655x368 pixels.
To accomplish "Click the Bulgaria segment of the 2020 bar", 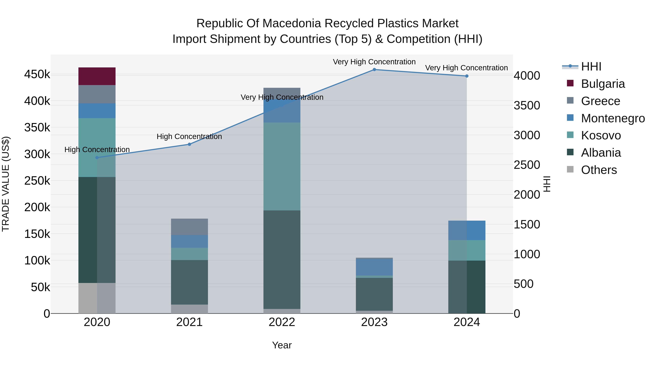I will click(97, 76).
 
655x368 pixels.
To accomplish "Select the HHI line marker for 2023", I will click(374, 70).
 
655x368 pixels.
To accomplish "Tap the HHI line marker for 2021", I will click(189, 144).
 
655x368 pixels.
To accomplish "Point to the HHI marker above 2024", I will click(467, 76).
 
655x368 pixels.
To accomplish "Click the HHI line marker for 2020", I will click(97, 157).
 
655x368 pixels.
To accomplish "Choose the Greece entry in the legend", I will click(600, 101).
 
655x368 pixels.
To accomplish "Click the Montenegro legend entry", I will click(613, 118).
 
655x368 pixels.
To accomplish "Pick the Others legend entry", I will click(599, 170).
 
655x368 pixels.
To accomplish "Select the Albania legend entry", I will click(601, 153).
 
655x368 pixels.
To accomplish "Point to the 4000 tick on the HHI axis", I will click(527, 76).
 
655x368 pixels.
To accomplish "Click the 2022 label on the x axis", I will click(282, 322).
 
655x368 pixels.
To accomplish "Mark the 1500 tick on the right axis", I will click(527, 224).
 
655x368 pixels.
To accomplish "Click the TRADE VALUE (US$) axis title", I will click(6, 184).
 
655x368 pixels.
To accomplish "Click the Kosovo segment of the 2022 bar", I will click(282, 166).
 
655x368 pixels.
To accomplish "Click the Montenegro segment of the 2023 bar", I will click(374, 267).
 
